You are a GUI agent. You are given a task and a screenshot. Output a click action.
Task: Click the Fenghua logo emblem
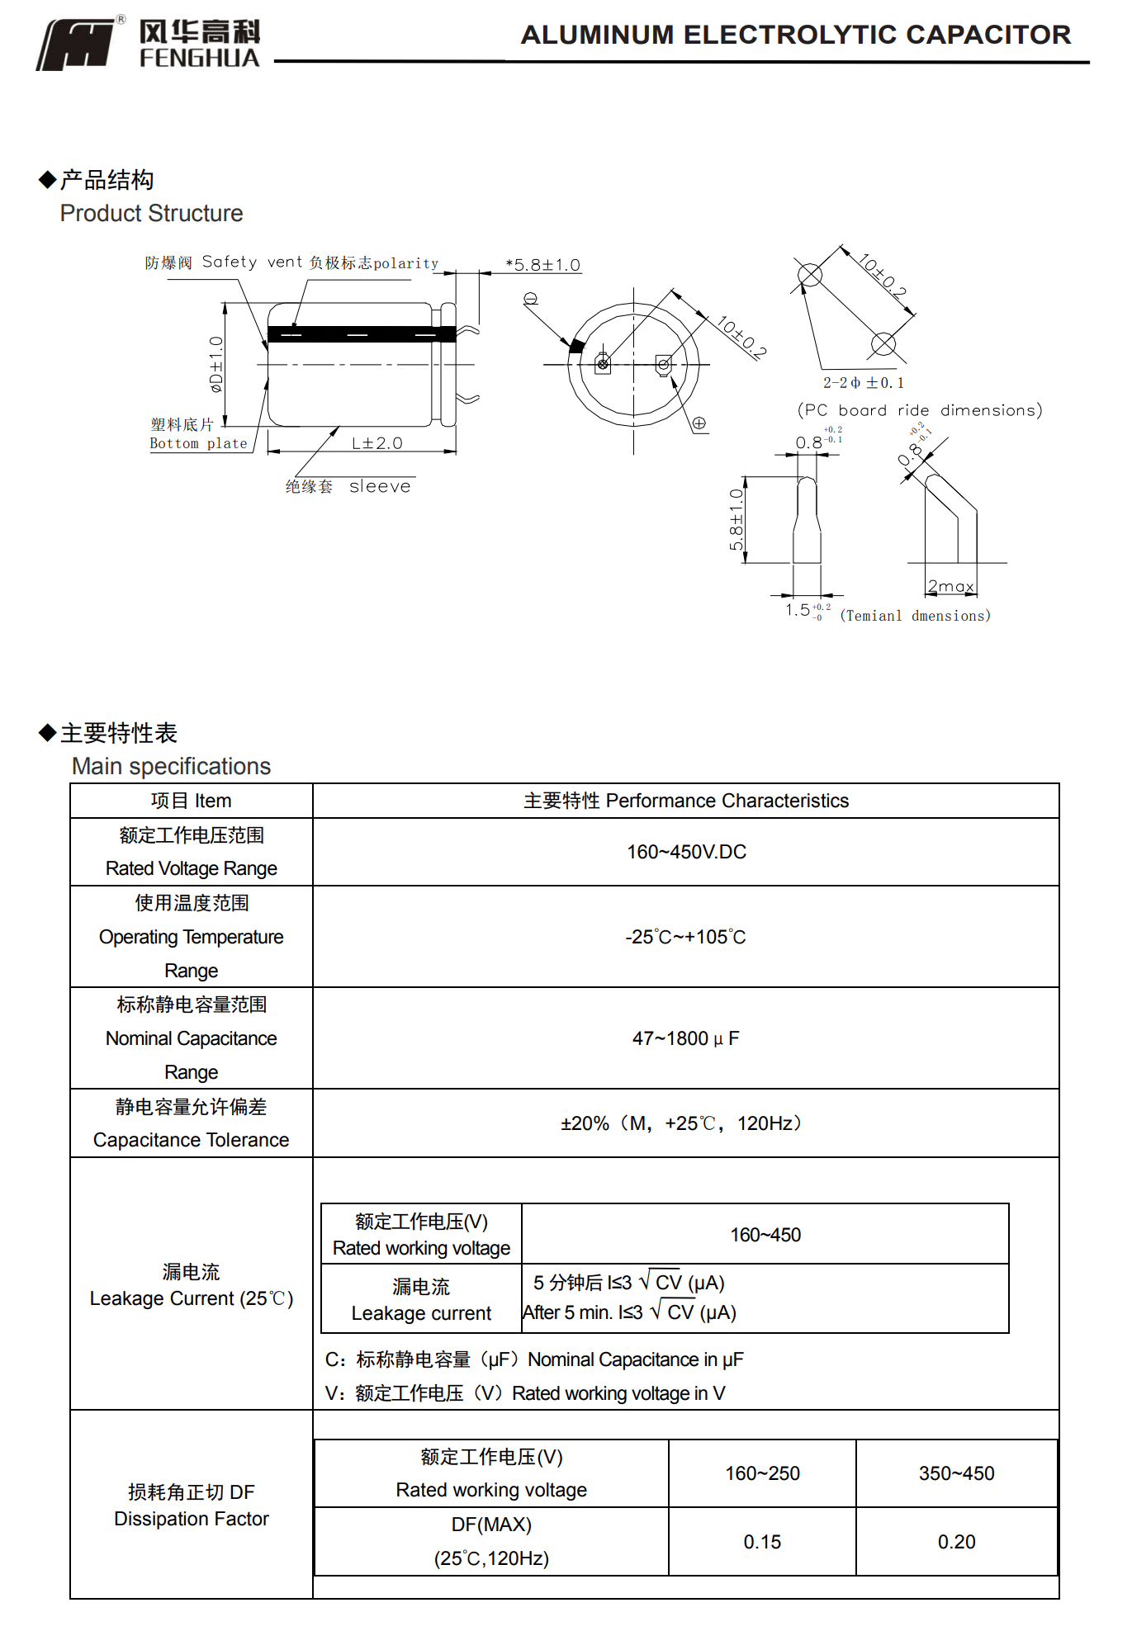click(x=76, y=45)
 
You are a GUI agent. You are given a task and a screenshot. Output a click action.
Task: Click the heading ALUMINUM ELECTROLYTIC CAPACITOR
click(x=795, y=35)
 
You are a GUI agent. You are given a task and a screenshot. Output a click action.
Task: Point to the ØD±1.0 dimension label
click(x=216, y=363)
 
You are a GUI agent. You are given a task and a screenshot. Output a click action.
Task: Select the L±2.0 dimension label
click(x=377, y=443)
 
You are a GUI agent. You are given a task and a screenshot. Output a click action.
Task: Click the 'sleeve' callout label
click(x=380, y=487)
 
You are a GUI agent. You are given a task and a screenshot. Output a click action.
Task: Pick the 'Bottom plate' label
click(x=198, y=443)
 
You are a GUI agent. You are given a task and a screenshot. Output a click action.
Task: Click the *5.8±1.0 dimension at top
click(x=543, y=265)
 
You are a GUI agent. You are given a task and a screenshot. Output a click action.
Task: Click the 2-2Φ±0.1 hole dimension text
click(x=863, y=383)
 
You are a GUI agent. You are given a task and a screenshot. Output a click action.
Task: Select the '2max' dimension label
click(x=950, y=586)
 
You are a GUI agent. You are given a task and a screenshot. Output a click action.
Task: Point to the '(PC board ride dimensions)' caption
click(x=920, y=410)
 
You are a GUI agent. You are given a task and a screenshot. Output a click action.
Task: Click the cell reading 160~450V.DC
click(x=686, y=852)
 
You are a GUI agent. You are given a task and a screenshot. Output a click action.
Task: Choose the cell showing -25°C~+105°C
click(x=685, y=937)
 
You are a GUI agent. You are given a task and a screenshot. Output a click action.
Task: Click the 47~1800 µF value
click(x=685, y=1038)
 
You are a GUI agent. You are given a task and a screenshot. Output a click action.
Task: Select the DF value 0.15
click(x=762, y=1542)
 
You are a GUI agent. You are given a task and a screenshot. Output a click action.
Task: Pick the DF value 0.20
click(x=956, y=1542)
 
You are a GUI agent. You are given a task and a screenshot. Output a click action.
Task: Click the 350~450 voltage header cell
click(x=956, y=1473)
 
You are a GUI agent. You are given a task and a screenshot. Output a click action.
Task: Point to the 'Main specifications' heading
click(x=172, y=766)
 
